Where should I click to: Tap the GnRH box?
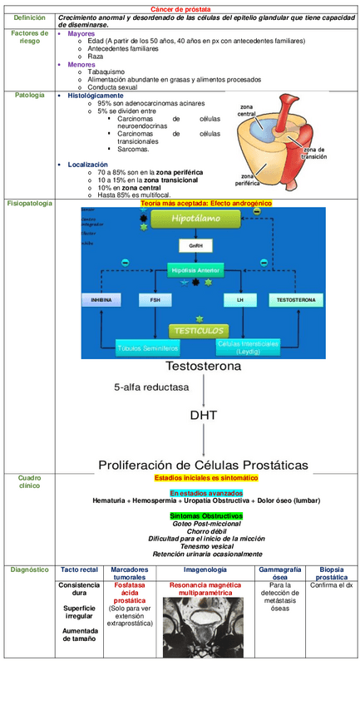click(x=195, y=246)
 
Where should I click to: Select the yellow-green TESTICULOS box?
click(x=199, y=330)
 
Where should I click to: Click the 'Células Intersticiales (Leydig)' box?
click(x=248, y=347)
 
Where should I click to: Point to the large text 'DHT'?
click(x=203, y=414)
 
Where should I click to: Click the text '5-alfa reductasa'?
click(x=151, y=387)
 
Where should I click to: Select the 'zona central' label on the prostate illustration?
click(x=247, y=111)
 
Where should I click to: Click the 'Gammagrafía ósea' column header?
click(x=280, y=573)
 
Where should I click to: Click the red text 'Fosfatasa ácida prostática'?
click(x=130, y=592)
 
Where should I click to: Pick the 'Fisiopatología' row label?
click(x=29, y=204)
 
